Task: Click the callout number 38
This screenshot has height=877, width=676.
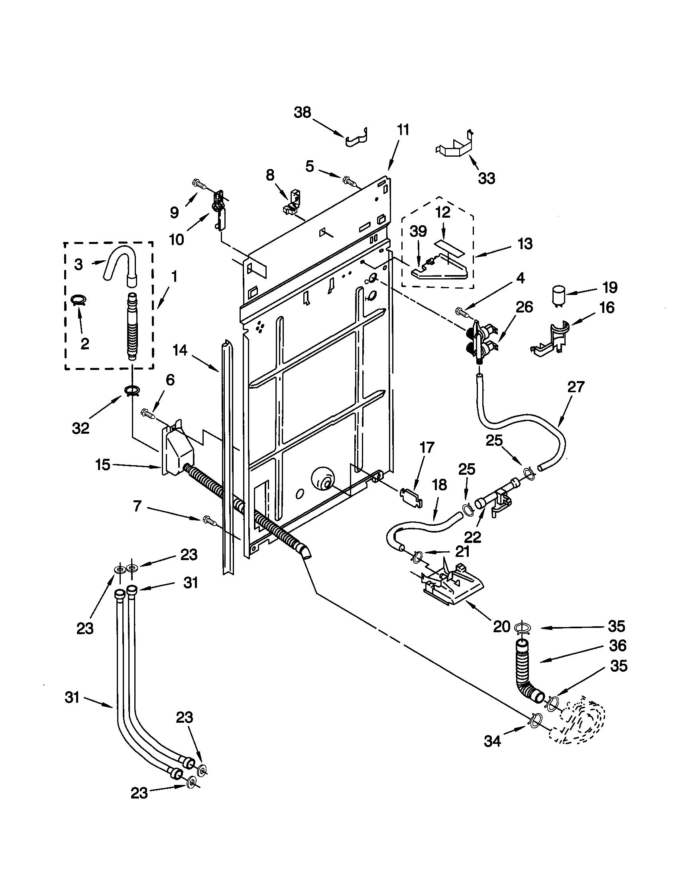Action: click(302, 113)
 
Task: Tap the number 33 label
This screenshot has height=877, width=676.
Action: click(486, 178)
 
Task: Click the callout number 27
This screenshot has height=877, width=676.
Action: click(576, 387)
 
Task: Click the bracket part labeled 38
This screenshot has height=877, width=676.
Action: click(356, 139)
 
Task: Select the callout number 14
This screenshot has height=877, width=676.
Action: click(180, 350)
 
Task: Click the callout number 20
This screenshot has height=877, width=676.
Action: click(501, 626)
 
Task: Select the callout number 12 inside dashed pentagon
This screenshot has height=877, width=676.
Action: click(443, 212)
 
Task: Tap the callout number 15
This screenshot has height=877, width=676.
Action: click(102, 465)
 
